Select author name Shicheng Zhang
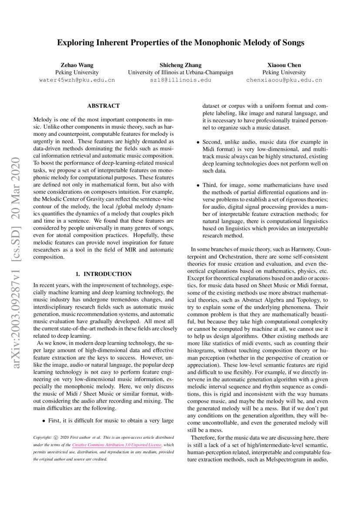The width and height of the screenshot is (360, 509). pyautogui.click(x=180, y=65)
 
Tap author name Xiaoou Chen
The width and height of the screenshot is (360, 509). pyautogui.click(x=284, y=65)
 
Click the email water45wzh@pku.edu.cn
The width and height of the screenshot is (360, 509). pyautogui.click(x=77, y=80)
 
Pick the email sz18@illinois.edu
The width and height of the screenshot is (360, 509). pyautogui.click(x=180, y=80)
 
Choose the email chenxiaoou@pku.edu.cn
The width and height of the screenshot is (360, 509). pyautogui.click(x=284, y=80)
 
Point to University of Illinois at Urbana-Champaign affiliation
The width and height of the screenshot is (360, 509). pyautogui.click(x=180, y=72)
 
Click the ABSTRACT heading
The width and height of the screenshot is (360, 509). pyautogui.click(x=104, y=106)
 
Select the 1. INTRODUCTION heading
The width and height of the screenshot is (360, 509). pyautogui.click(x=104, y=274)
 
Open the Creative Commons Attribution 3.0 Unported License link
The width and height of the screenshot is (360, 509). pyautogui.click(x=117, y=445)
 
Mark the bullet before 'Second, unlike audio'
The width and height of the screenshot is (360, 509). pyautogui.click(x=198, y=142)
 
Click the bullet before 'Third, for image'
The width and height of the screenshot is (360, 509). pyautogui.click(x=198, y=185)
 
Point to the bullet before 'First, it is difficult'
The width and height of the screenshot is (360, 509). pyautogui.click(x=44, y=421)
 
